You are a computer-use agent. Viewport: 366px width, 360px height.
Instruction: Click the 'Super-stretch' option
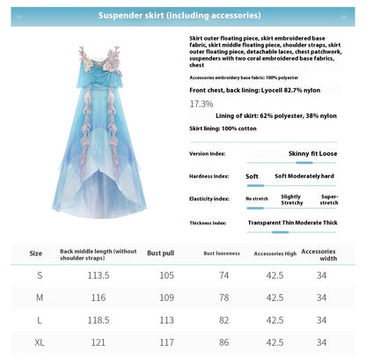(x=329, y=198)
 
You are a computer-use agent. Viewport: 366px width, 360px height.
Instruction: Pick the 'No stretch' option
(x=256, y=198)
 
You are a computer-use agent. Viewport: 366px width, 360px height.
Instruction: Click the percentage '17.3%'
(x=201, y=104)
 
